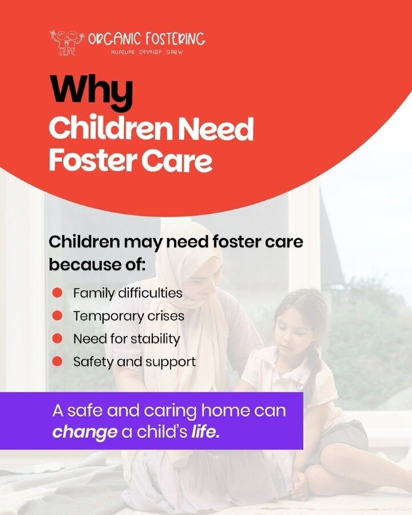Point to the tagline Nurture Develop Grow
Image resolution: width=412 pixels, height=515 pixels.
(146, 52)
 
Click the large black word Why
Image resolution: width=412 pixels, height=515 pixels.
(92, 90)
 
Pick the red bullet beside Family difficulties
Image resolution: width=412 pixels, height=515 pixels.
(57, 292)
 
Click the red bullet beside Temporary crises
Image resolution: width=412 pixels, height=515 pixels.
(57, 316)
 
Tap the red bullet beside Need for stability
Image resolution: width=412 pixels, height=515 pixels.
(57, 338)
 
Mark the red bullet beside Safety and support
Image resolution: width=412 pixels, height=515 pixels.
(57, 361)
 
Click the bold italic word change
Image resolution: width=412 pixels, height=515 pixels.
(85, 432)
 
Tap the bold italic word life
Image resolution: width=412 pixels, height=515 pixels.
(205, 431)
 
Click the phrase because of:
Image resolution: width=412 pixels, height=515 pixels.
(97, 265)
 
